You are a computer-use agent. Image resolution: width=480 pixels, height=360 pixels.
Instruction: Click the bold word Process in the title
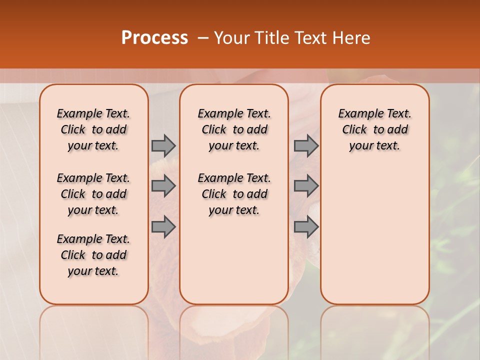click(154, 38)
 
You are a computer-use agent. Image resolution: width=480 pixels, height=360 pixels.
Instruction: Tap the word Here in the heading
click(352, 38)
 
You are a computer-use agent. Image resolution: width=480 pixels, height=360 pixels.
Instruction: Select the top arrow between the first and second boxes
click(163, 145)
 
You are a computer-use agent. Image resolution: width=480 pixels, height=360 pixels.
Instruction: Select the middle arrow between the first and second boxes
click(163, 186)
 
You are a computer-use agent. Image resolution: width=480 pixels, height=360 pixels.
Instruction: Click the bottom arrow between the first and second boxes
click(163, 227)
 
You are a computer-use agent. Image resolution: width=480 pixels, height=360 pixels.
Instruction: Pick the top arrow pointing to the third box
click(306, 145)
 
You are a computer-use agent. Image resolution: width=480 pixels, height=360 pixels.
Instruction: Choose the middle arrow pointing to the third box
click(306, 186)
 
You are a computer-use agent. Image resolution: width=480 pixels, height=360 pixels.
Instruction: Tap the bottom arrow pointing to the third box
click(306, 227)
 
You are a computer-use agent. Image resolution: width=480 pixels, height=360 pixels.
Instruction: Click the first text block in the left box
click(93, 129)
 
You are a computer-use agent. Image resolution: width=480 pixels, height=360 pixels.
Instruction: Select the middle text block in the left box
click(93, 194)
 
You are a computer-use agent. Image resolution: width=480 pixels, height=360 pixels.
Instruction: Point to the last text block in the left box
click(93, 255)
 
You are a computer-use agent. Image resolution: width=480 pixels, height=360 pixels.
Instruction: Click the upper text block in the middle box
click(234, 129)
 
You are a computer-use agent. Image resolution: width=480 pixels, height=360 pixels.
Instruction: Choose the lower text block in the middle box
click(234, 194)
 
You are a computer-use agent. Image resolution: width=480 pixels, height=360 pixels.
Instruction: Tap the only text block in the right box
click(374, 129)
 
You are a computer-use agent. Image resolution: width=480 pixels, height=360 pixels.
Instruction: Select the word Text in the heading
click(313, 38)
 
